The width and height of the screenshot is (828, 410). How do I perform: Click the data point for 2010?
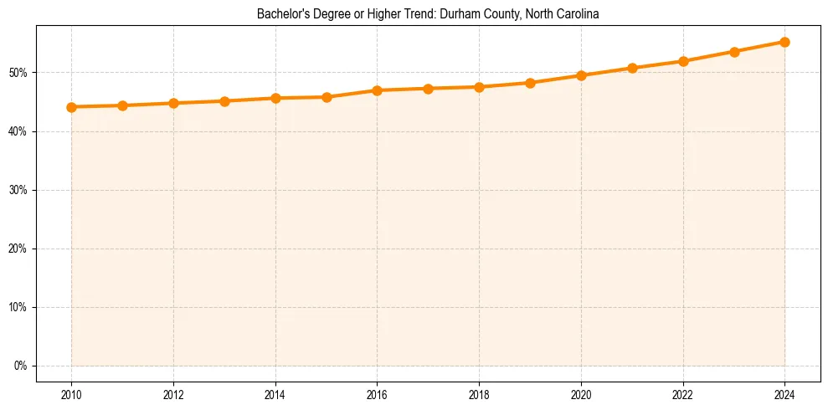71,107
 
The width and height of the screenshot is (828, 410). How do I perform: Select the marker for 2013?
224,101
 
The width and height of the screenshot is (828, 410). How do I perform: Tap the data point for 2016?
377,90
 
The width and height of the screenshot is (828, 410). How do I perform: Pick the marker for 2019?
530,83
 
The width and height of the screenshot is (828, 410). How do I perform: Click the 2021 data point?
632,68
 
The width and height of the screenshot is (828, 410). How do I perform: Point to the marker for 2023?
734,52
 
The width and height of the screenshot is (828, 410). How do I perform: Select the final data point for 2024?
784,42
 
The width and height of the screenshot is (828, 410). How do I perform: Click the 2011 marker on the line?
122,105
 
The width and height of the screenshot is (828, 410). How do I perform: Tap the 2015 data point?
327,97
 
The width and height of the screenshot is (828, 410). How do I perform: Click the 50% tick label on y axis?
19,73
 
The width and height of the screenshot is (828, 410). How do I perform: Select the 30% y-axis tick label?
19,190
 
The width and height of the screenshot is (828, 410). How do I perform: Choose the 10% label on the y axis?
19,307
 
